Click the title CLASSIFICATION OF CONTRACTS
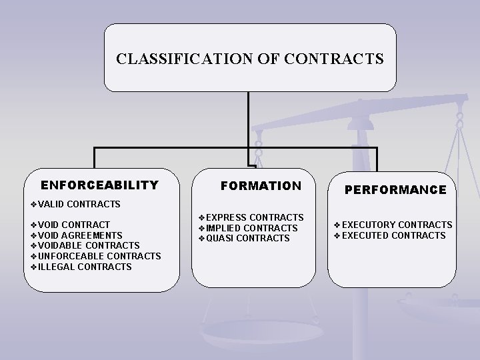click(249, 59)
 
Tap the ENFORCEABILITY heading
click(99, 185)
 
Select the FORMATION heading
click(261, 185)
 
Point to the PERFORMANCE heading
click(395, 190)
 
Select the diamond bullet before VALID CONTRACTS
click(34, 203)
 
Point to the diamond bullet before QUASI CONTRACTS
click(202, 238)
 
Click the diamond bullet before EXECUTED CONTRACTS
click(337, 235)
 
